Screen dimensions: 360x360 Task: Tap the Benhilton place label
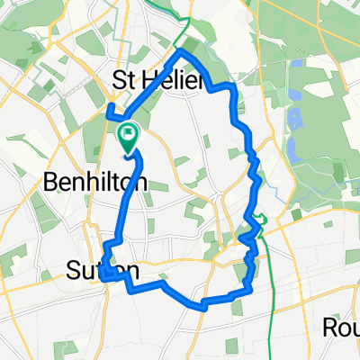pyautogui.click(x=95, y=183)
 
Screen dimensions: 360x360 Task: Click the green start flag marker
pyautogui.click(x=128, y=137)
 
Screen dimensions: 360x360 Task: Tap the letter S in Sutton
pyautogui.click(x=75, y=270)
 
